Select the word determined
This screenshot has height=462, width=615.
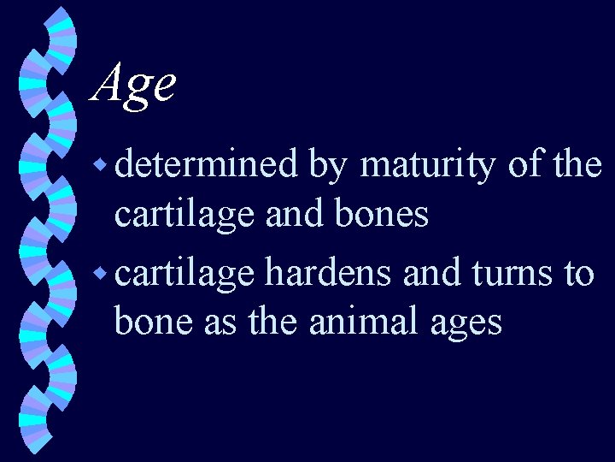click(206, 164)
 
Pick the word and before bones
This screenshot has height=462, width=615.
click(289, 214)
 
